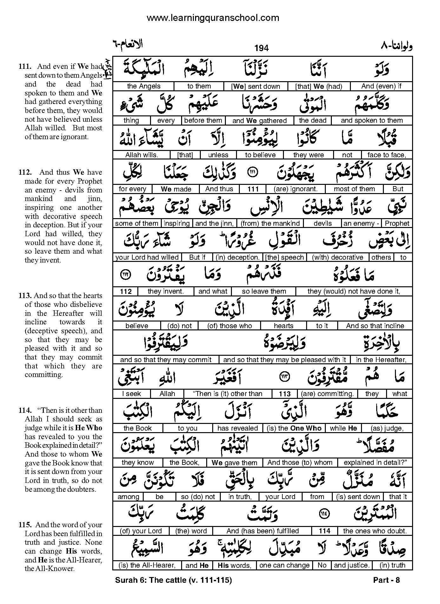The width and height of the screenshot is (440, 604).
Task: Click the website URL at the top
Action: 213,18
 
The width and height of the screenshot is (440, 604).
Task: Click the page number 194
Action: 261,48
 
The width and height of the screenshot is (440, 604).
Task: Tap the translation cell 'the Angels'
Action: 143,86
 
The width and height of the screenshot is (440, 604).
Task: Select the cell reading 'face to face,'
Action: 387,155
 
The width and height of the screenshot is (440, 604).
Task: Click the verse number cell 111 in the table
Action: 253,189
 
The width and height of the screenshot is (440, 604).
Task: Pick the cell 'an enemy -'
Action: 361,223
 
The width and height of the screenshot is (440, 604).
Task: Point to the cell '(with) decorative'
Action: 337,257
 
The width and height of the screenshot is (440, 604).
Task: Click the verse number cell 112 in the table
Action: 126,291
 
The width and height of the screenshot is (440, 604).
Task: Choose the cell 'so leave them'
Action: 264,291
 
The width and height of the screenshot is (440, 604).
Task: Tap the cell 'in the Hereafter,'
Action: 381,360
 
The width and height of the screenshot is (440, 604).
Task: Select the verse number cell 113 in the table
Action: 285,394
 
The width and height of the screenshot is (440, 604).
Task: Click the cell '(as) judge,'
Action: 387,428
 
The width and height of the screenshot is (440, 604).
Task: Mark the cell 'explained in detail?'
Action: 375,462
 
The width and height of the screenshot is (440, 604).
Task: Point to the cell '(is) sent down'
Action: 358,497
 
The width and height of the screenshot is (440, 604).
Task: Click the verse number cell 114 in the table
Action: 325,531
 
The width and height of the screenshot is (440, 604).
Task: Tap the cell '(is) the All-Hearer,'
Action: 147,565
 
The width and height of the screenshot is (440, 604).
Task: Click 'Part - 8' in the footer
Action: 386,580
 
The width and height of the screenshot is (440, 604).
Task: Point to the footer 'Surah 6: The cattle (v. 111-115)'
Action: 173,580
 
